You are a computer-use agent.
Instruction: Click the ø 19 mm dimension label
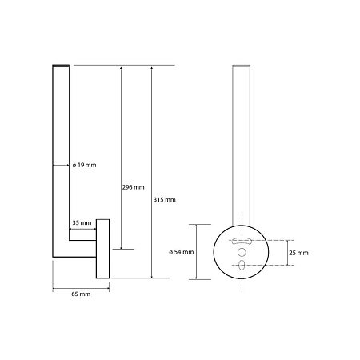(84, 165)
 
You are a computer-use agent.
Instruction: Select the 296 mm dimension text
(134, 187)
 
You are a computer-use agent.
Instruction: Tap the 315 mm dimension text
(165, 199)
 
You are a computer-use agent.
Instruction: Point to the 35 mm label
(82, 222)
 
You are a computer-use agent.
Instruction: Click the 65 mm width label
(81, 294)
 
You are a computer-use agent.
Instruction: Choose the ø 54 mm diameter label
(182, 252)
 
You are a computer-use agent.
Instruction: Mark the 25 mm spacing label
(298, 253)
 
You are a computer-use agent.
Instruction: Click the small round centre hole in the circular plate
(242, 252)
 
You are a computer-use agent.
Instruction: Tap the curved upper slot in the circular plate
(242, 241)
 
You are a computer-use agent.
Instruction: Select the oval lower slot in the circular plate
(242, 265)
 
